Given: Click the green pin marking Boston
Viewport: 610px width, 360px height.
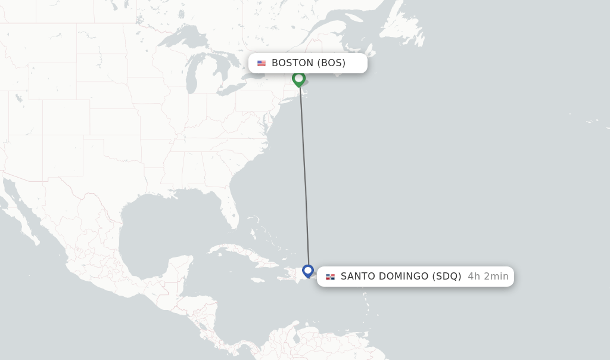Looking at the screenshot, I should tap(298, 79).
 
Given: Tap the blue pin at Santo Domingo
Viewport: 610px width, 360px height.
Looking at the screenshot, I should tap(308, 271).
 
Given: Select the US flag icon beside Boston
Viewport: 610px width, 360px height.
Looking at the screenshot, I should tap(262, 63).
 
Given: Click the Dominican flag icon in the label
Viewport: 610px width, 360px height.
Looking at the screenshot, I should tap(330, 277).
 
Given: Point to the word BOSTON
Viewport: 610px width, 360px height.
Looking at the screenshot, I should tap(292, 63).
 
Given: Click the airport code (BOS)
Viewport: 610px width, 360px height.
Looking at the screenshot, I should tap(331, 63).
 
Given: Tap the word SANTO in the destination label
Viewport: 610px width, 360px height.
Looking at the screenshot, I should tap(359, 277).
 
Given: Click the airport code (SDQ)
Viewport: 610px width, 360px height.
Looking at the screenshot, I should tap(447, 277).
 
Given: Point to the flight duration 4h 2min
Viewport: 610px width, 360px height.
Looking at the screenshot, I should tap(488, 277).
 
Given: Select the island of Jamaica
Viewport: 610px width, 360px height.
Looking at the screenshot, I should tap(257, 280).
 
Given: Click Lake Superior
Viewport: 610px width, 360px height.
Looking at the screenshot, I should tap(179, 40).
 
